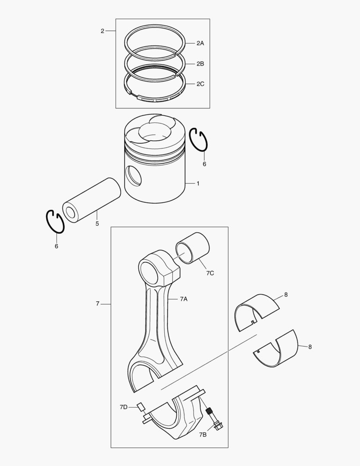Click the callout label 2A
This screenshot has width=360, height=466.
point(200,43)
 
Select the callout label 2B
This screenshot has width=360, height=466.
point(200,63)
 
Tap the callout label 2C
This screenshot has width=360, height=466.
point(200,84)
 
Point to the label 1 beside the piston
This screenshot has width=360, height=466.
point(198,183)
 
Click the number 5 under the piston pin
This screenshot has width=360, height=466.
point(97,224)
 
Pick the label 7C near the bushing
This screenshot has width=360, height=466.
point(210,273)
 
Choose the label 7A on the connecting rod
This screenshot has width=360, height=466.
point(184,299)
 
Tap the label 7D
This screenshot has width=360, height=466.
point(124,407)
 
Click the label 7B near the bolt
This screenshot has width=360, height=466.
point(203,435)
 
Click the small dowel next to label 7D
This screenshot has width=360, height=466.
point(141,406)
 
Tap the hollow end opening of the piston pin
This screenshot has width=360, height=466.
point(71,212)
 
